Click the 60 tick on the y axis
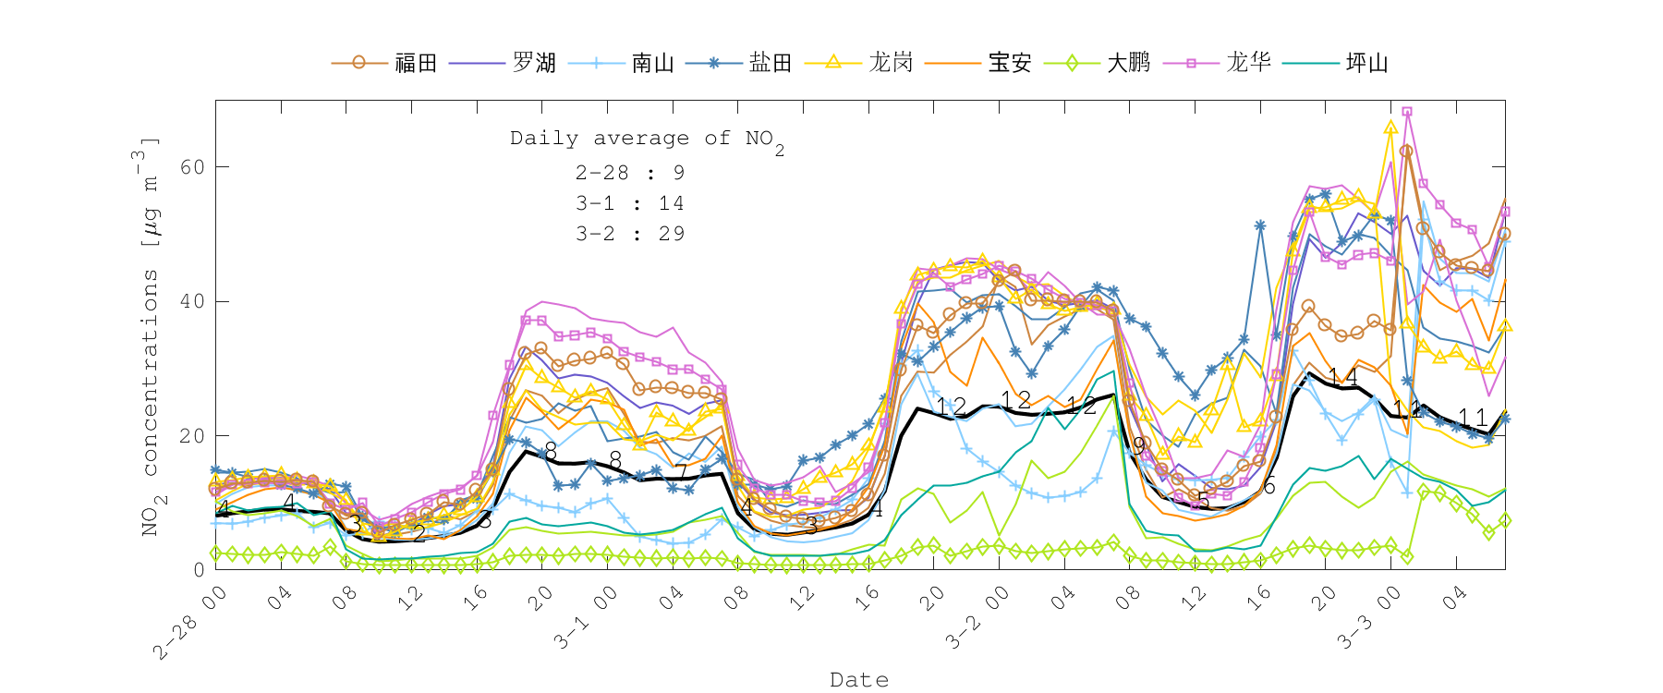click(193, 167)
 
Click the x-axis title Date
click(859, 680)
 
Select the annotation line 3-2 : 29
click(630, 234)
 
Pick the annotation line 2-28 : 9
click(630, 173)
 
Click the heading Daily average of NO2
click(647, 140)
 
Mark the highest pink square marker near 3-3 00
click(1407, 112)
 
